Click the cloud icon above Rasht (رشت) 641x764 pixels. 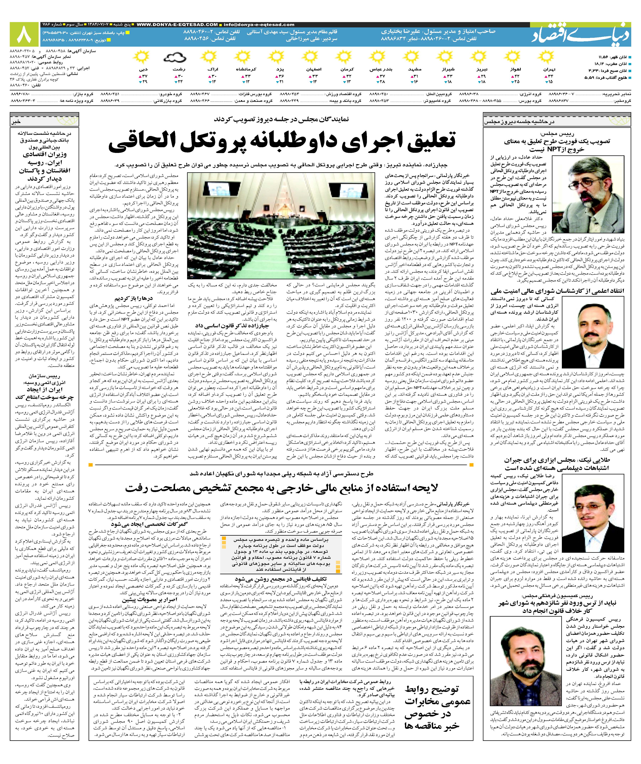click(175, 57)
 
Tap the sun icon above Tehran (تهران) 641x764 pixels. click(545, 57)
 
